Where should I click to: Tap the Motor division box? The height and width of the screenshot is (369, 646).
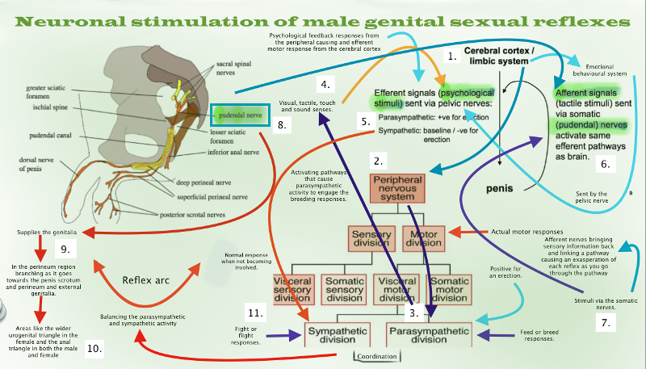tap(425, 237)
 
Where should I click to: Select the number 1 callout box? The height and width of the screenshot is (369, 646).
tap(453, 57)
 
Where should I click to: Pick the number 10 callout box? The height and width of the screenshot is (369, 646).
tap(94, 348)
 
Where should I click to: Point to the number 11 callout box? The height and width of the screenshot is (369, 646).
tap(257, 312)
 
